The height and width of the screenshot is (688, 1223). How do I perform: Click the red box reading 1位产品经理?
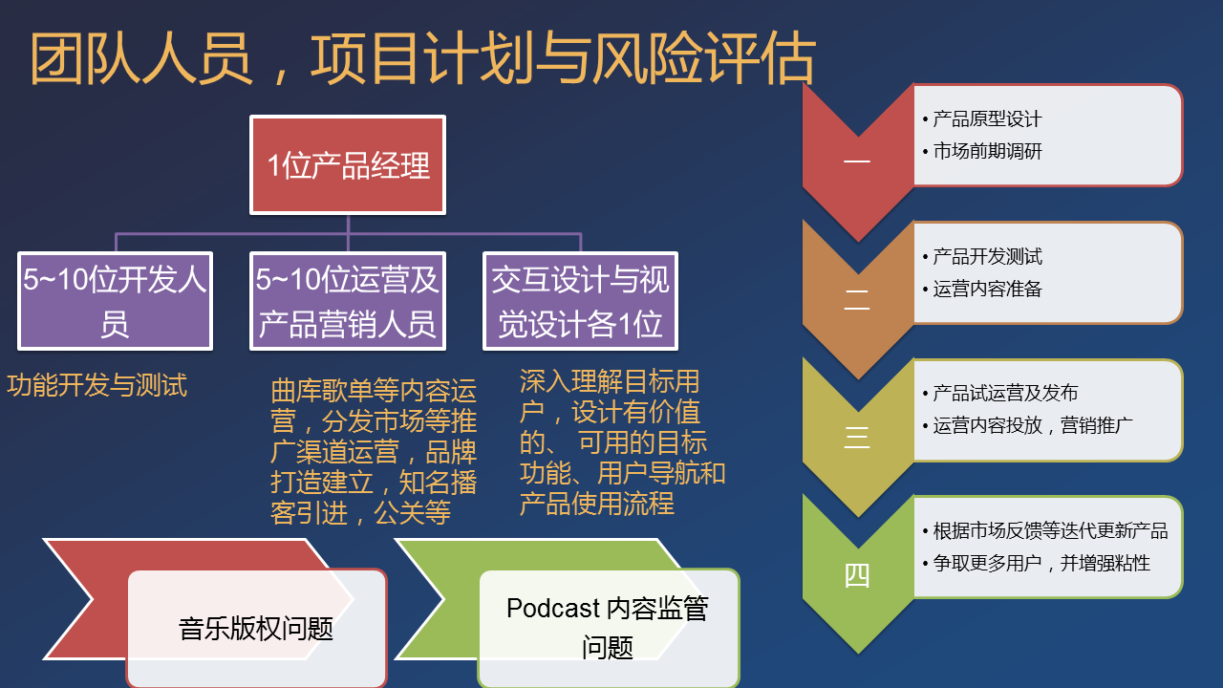(348, 165)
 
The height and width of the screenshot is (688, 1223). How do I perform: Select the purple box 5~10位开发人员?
(116, 301)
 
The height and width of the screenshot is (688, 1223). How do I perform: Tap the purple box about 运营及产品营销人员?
(348, 301)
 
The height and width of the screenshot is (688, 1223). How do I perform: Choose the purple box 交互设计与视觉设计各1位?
(580, 301)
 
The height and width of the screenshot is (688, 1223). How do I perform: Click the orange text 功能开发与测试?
(97, 385)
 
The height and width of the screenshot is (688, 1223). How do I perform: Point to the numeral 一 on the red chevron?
(857, 161)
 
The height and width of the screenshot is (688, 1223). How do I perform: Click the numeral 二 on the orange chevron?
(857, 300)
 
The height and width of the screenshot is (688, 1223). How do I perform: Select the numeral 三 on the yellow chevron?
(857, 438)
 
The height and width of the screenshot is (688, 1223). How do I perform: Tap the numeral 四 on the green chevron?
(857, 575)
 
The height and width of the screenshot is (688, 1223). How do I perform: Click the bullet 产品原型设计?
(982, 119)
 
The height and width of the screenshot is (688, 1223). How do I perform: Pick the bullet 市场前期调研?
(982, 151)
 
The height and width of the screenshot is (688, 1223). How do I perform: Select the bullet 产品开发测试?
(982, 257)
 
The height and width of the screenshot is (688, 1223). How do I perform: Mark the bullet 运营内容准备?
(982, 289)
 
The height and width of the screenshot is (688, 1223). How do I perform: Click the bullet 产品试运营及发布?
(1000, 393)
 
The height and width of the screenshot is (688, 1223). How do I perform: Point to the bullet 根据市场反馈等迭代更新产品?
(1045, 530)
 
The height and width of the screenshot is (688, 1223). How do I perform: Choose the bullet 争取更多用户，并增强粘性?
(1037, 563)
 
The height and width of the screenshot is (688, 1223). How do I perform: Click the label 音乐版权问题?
(256, 629)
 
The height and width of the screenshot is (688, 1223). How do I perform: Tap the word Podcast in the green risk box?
(553, 609)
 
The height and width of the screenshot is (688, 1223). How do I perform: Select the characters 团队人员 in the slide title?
(140, 58)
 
